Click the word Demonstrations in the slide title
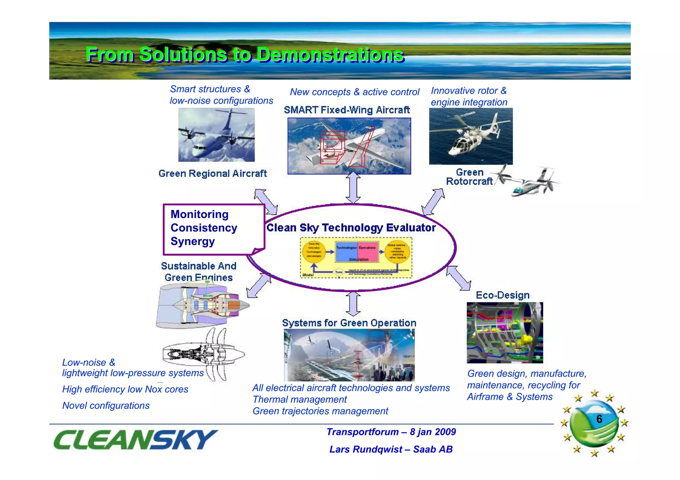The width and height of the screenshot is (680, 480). coord(330,55)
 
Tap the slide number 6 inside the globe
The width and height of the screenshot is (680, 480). coord(599,419)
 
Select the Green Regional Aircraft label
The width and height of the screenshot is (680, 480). coord(212,173)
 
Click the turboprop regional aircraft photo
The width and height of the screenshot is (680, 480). coord(216,135)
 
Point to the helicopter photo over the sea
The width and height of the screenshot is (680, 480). coord(470,136)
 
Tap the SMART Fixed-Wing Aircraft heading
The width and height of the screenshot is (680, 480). coord(347,110)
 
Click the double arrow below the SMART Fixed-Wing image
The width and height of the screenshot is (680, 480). coord(353,188)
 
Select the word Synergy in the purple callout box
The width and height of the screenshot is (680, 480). coord(193,241)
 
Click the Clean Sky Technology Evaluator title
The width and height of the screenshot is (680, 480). coord(351,228)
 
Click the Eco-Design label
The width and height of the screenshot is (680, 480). coord(502,295)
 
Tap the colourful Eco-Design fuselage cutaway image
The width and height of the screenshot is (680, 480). coord(505,332)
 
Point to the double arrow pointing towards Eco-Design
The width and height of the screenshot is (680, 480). coord(459,278)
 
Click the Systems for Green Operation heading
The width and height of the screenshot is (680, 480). coord(349,323)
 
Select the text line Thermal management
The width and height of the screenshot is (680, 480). coord(299,399)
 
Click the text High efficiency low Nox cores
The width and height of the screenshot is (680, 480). coord(125,389)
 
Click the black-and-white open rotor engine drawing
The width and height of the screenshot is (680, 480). coord(203,354)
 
